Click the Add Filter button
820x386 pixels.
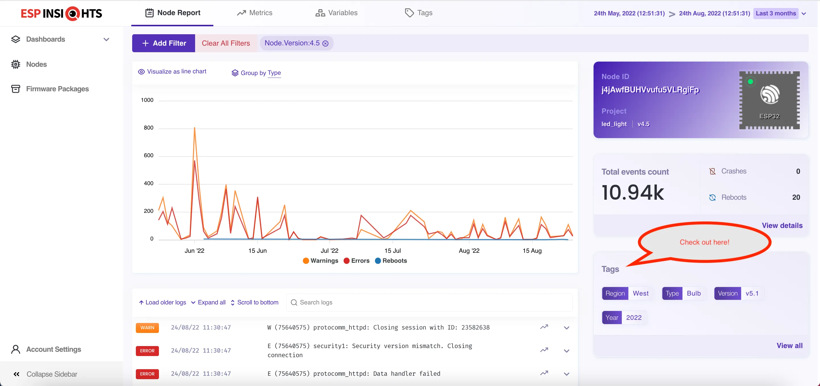[163, 43]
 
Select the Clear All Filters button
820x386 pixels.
[226, 43]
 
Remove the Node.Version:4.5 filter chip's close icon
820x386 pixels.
[325, 43]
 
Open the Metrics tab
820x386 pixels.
[255, 13]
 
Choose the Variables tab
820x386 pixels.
[336, 13]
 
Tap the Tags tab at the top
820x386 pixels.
[419, 13]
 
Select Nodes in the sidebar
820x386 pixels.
[36, 64]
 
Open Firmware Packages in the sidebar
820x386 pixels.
[57, 89]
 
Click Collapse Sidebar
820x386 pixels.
[52, 374]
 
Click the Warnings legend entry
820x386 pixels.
[320, 260]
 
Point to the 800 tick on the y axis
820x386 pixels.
[148, 128]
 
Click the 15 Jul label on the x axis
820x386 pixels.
[392, 250]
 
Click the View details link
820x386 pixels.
[782, 225]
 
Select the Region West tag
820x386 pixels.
[627, 293]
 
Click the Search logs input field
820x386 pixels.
[430, 302]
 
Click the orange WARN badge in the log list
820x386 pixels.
[147, 327]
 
